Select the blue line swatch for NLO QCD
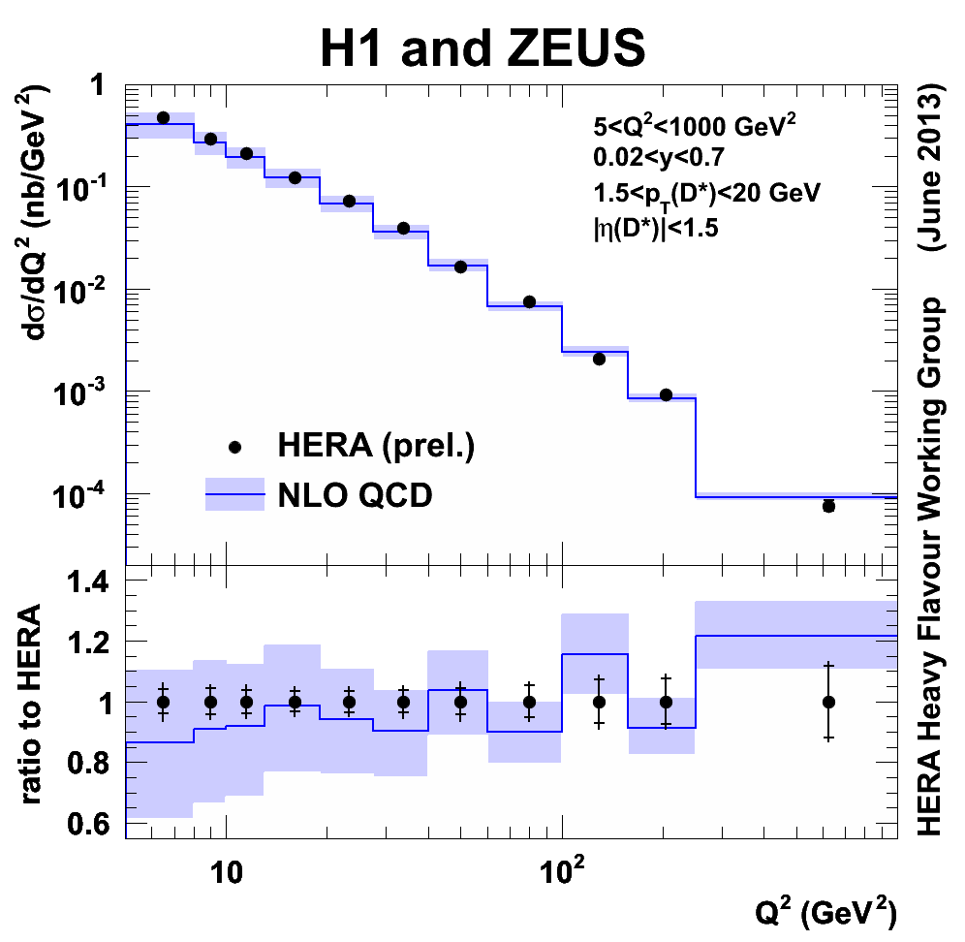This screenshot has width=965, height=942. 235,494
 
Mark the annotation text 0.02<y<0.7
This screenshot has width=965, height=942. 661,158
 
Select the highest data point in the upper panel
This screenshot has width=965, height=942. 163,117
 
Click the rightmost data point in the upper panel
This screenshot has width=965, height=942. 828,506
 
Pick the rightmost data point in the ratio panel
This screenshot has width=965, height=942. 828,702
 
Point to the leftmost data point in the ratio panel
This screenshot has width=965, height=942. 163,702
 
